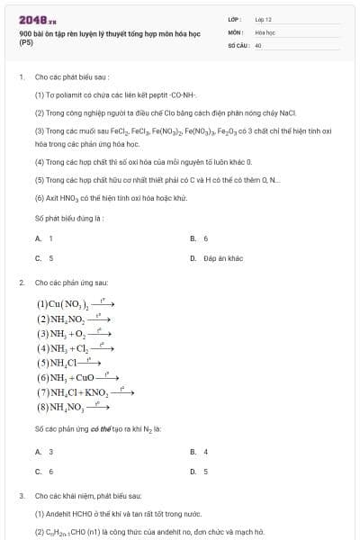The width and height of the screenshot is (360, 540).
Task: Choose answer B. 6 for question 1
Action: click(200, 238)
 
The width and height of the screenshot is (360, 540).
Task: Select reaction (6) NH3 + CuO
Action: click(77, 377)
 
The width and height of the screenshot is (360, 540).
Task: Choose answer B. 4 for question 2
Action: click(200, 451)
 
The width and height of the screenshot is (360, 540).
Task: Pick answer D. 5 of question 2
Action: click(200, 471)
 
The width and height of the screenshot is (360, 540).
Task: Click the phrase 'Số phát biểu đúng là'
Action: click(69, 218)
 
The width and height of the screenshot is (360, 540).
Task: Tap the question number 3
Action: click(21, 495)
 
